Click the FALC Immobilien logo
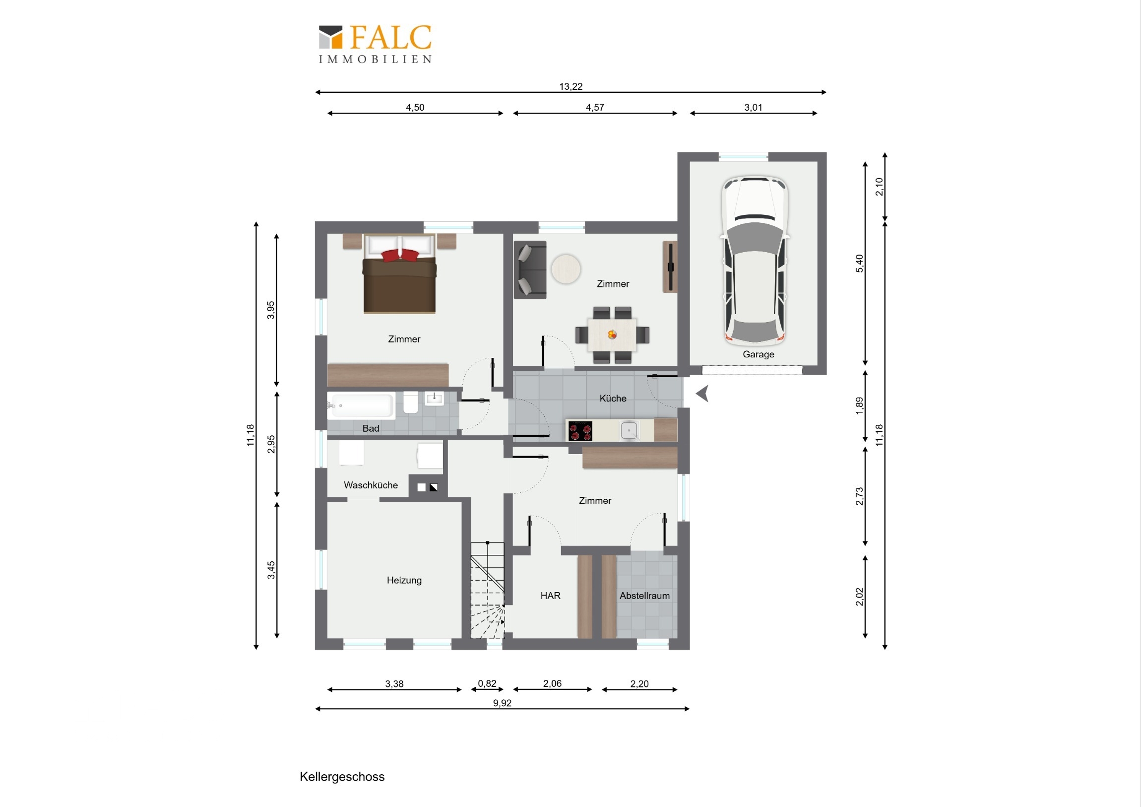[x=375, y=44]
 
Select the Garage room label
[x=759, y=354]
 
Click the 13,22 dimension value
[x=570, y=86]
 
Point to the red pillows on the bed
[x=400, y=255]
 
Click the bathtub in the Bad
[x=361, y=405]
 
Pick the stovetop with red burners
[x=580, y=431]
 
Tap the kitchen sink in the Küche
[x=630, y=431]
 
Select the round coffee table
[x=566, y=269]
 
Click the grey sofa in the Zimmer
[x=530, y=269]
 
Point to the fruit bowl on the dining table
[x=612, y=335]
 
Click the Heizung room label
[x=404, y=580]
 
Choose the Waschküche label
[x=371, y=485]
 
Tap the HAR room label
[x=550, y=596]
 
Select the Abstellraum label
[x=644, y=596]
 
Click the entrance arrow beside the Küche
[x=702, y=394]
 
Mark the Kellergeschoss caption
[x=342, y=777]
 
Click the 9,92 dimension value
[x=502, y=703]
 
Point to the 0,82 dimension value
[x=487, y=684]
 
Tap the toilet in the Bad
[x=410, y=403]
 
